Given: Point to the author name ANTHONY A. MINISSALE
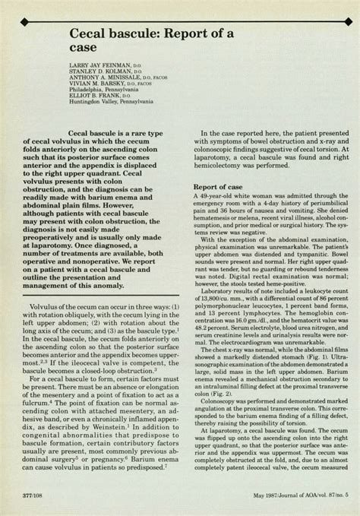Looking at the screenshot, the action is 89,80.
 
